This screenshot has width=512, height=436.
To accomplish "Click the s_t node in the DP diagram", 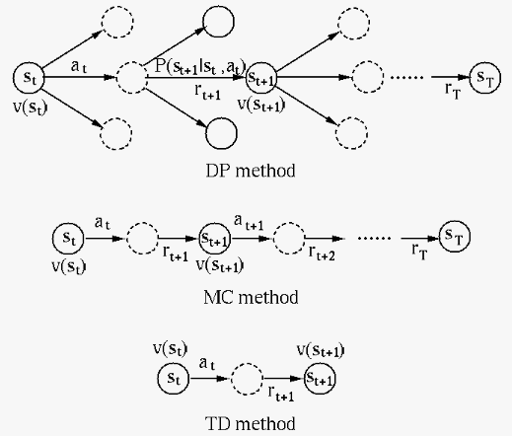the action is pos(29,78).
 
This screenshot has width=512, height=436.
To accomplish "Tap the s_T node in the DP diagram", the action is pos(485,78).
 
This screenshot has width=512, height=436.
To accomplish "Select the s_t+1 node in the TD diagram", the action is pos(320,379).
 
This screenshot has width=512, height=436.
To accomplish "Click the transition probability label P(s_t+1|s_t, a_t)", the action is pos(200,67).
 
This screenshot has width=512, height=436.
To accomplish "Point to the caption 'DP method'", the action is pos(251,171).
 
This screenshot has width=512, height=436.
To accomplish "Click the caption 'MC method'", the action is pos(251,297).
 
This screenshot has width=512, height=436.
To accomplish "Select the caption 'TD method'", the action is pos(251,423).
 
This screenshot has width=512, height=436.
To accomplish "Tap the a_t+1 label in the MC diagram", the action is pos(249,222).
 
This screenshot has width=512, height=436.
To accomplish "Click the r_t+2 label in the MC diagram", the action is pos(322,253).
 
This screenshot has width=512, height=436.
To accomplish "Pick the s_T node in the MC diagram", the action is pos(455,236).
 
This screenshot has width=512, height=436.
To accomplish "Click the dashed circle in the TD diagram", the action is pos(247,379).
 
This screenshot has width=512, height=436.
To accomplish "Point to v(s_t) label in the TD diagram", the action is pos(171,348).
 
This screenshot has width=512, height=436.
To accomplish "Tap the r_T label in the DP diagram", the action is pos(453,90).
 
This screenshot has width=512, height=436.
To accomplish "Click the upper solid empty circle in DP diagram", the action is pos(218,22).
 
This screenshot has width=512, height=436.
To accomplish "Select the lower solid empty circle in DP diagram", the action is pos(221,133).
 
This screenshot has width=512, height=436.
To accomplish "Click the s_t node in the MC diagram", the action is pos(68,239).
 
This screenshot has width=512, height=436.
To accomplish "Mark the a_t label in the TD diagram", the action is pos(207,364).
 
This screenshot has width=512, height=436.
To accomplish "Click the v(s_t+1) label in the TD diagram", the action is pos(321,350).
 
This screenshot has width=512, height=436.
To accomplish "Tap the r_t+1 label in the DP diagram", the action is pos(207,91).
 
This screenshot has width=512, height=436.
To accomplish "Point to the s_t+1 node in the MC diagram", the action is pos(215,239).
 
